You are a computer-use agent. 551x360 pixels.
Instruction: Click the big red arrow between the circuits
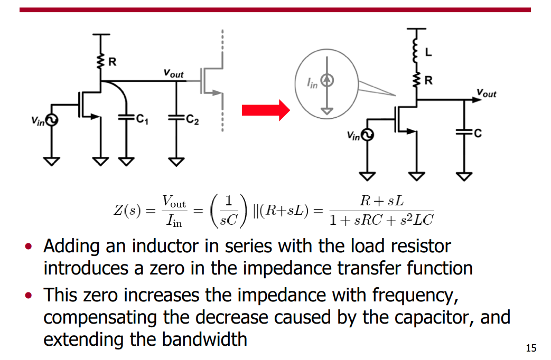pyautogui.click(x=266, y=110)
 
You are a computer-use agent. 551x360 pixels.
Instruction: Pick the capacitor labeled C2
pyautogui.click(x=176, y=118)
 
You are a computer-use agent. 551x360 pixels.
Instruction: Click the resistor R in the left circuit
pyautogui.click(x=101, y=62)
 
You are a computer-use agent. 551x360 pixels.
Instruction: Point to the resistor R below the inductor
pyautogui.click(x=416, y=80)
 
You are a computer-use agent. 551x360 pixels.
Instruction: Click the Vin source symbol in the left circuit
pyautogui.click(x=51, y=120)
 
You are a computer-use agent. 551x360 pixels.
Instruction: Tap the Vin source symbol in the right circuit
pyautogui.click(x=367, y=135)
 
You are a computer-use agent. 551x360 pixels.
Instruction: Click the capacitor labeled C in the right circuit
pyautogui.click(x=464, y=132)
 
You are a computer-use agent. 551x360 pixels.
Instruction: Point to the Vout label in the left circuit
pyautogui.click(x=173, y=73)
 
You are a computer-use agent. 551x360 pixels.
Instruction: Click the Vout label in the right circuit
pyautogui.click(x=487, y=93)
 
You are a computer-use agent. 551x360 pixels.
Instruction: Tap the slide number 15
pyautogui.click(x=531, y=348)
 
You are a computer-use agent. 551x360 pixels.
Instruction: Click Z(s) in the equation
pyautogui.click(x=127, y=211)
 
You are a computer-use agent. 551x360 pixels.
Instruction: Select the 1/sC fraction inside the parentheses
pyautogui.click(x=229, y=211)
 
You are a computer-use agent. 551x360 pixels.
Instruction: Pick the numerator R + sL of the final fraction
pyautogui.click(x=381, y=201)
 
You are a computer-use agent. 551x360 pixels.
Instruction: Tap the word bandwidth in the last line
pyautogui.click(x=204, y=339)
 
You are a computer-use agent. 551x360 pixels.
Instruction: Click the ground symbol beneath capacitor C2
pyautogui.click(x=176, y=162)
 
